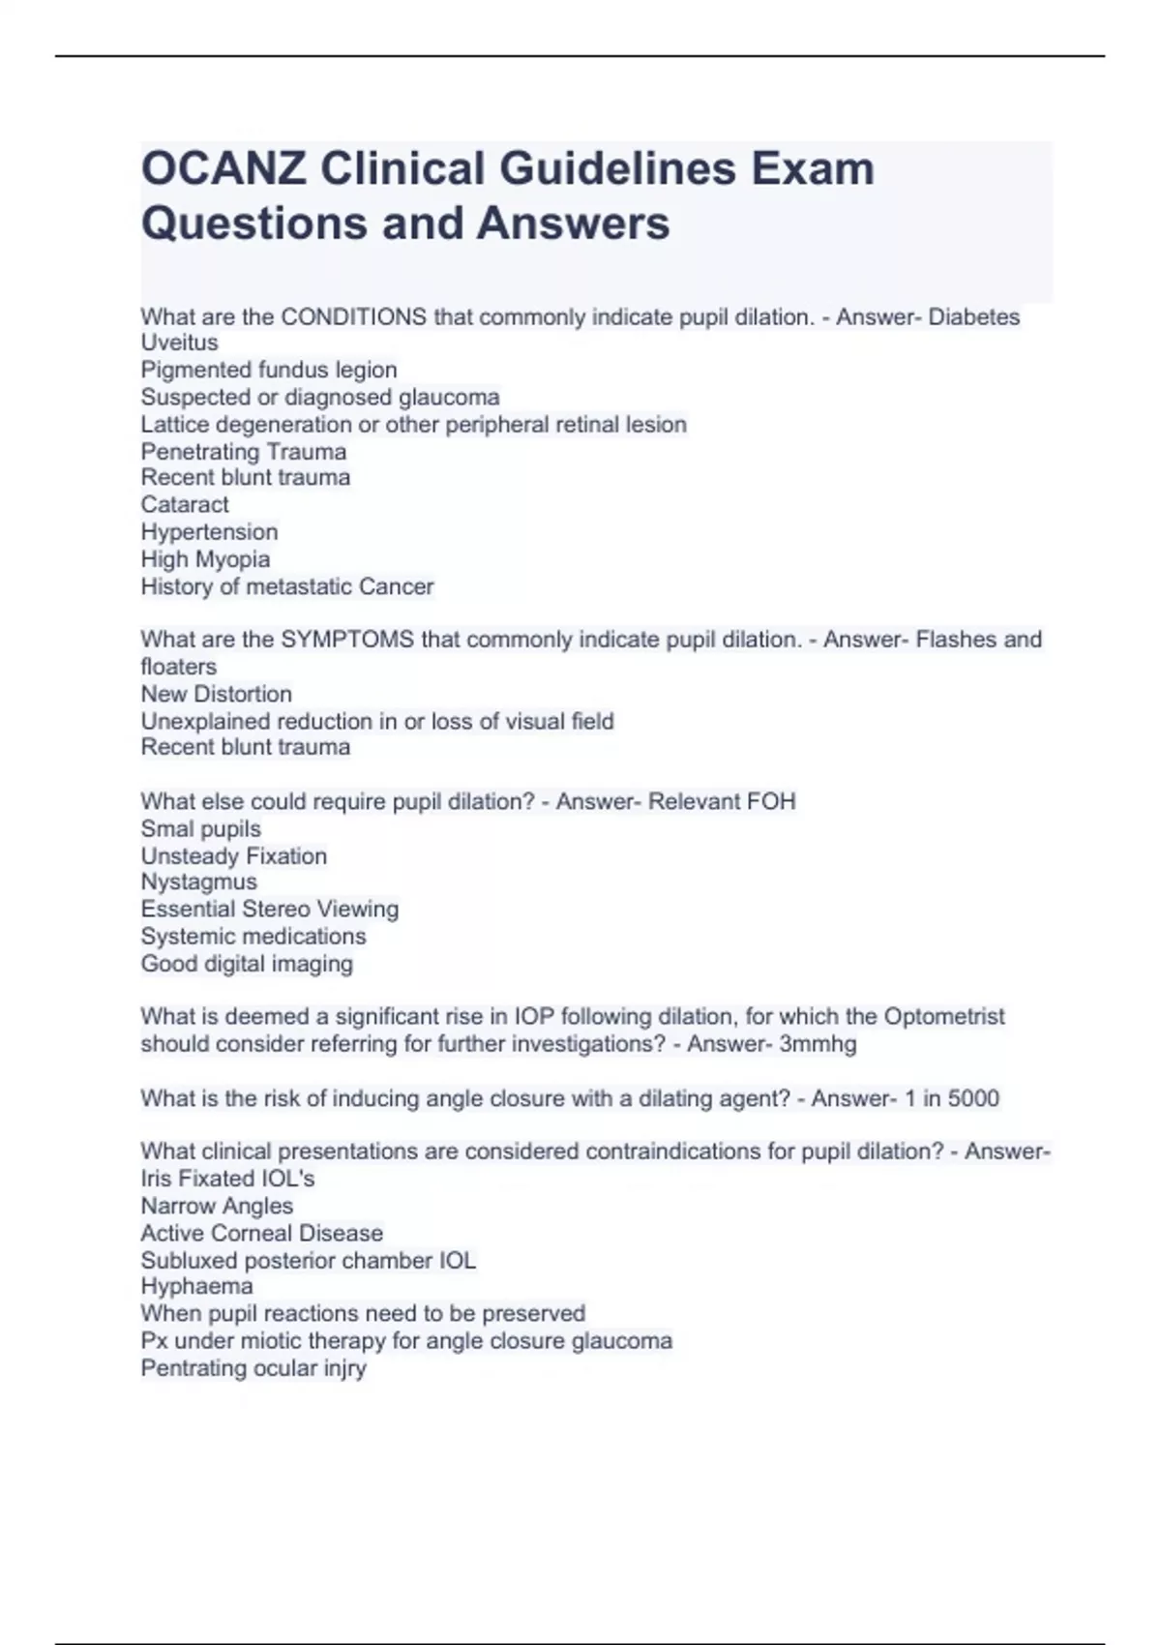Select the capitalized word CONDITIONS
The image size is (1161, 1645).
click(x=353, y=317)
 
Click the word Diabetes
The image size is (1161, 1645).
click(x=973, y=317)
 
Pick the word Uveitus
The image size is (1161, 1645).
click(x=179, y=343)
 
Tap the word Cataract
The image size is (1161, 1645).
click(x=185, y=505)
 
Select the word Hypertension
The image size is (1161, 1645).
click(x=209, y=532)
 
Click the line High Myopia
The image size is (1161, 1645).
click(x=205, y=559)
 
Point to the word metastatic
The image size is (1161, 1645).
click(x=299, y=586)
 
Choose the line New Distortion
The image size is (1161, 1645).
click(x=216, y=694)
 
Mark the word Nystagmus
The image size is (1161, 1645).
click(x=198, y=882)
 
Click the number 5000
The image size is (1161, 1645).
click(x=973, y=1098)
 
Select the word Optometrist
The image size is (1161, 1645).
click(x=943, y=1017)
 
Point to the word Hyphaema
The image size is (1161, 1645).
click(x=196, y=1287)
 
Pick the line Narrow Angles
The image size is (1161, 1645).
click(x=217, y=1206)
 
